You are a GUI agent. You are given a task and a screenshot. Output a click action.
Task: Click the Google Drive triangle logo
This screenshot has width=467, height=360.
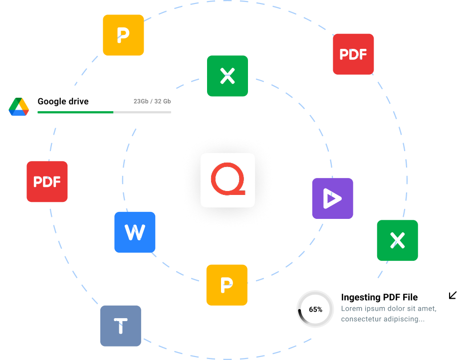pyautogui.click(x=19, y=107)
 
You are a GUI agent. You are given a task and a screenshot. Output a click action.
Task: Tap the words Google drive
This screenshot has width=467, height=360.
pyautogui.click(x=63, y=101)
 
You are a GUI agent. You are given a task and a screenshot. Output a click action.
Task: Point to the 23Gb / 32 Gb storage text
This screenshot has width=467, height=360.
pyautogui.click(x=152, y=101)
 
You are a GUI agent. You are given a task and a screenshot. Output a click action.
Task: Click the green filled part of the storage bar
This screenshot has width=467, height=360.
pyautogui.click(x=75, y=112)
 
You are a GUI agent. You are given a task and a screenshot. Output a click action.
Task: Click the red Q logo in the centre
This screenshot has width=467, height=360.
pyautogui.click(x=228, y=180)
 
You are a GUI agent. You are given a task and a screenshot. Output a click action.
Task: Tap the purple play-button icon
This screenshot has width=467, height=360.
pyautogui.click(x=332, y=198)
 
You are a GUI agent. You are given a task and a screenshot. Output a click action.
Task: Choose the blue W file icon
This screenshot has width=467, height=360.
pyautogui.click(x=135, y=232)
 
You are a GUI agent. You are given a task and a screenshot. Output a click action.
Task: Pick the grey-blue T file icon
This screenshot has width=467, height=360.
pyautogui.click(x=121, y=326)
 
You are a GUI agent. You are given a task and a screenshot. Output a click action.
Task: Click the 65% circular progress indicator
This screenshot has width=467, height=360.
pyautogui.click(x=315, y=309)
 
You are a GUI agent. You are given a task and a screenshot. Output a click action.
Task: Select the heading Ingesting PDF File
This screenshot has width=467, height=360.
pyautogui.click(x=379, y=297)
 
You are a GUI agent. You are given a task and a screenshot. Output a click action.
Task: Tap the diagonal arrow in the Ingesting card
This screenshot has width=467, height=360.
pyautogui.click(x=453, y=295)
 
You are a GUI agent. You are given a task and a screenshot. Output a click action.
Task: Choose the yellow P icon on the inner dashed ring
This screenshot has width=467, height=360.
pyautogui.click(x=227, y=285)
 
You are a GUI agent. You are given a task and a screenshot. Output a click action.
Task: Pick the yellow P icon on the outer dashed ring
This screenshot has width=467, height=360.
pyautogui.click(x=123, y=35)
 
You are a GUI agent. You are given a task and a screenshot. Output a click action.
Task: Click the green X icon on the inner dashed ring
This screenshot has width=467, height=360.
pyautogui.click(x=228, y=76)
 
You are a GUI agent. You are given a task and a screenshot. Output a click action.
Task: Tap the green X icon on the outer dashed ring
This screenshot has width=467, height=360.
pyautogui.click(x=397, y=240)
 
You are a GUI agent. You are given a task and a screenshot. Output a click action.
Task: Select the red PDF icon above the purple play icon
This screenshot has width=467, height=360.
pyautogui.click(x=353, y=54)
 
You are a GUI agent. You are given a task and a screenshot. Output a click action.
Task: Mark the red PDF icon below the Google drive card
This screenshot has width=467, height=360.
pyautogui.click(x=47, y=181)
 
